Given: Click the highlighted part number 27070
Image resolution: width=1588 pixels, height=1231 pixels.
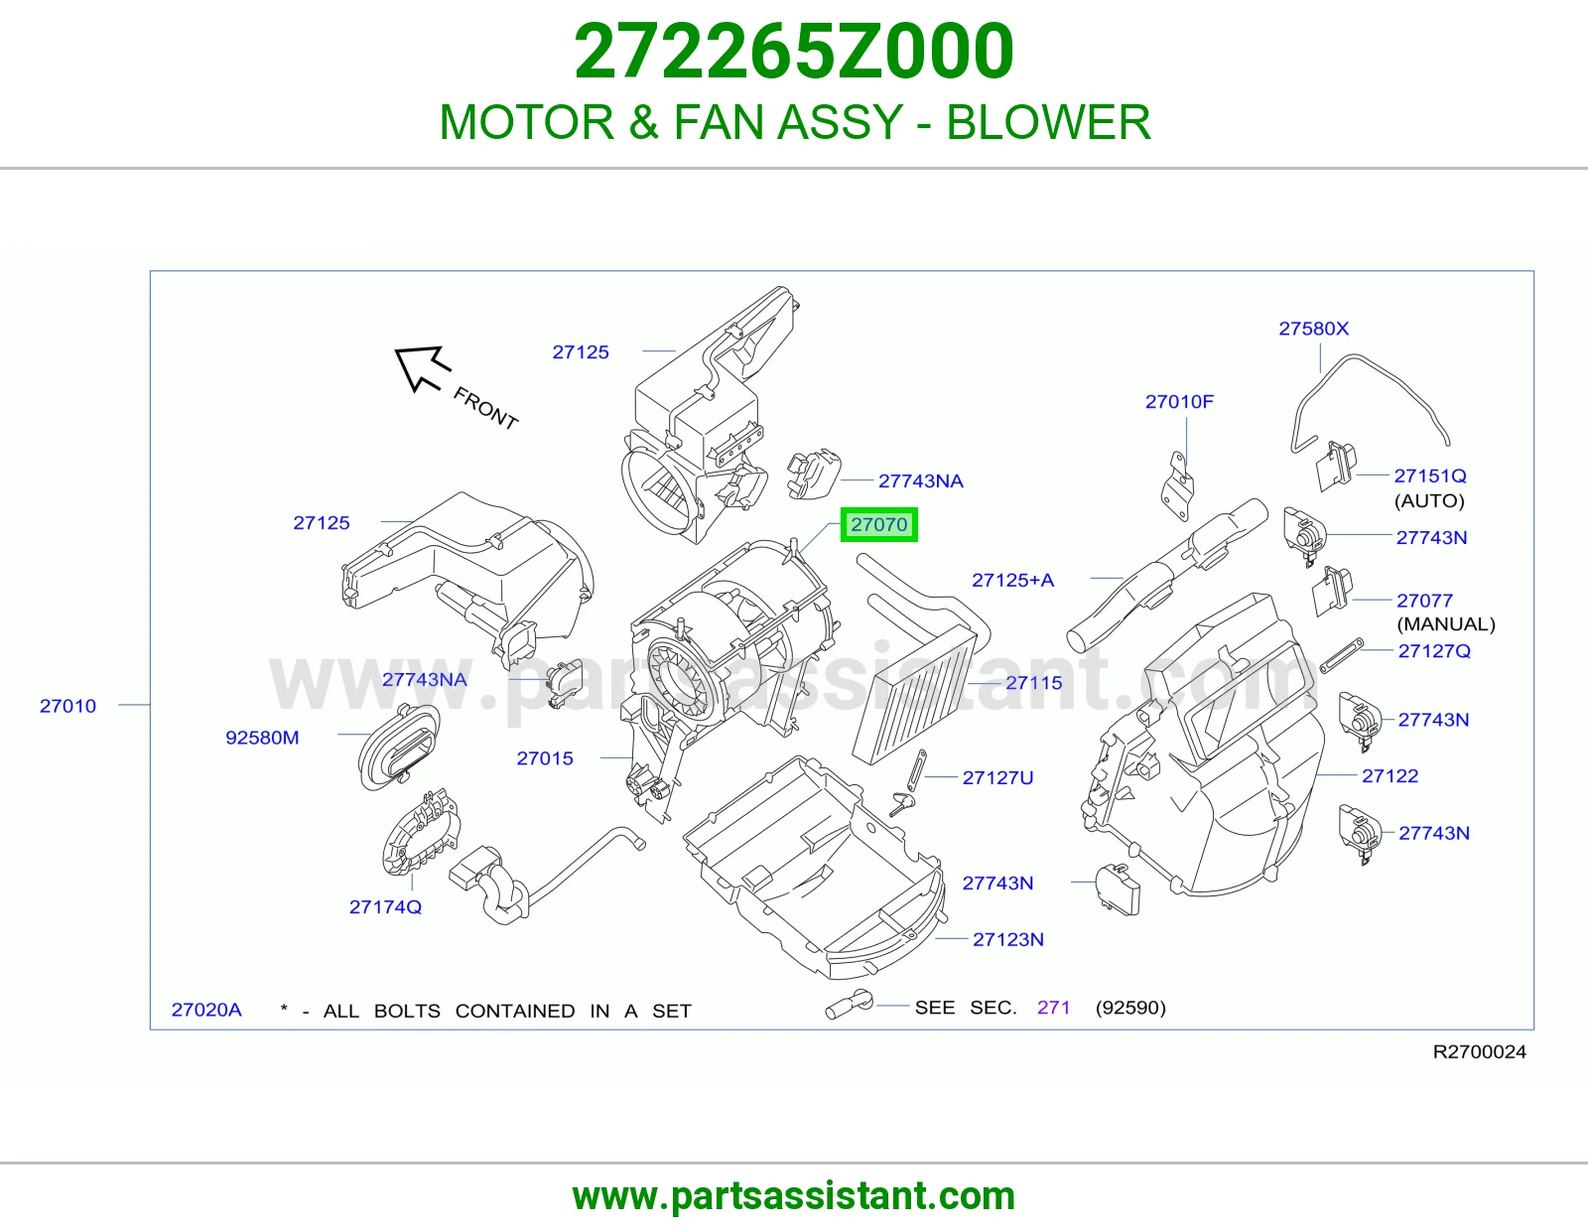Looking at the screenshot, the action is tap(878, 525).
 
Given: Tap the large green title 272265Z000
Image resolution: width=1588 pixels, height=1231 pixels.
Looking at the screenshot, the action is tap(794, 52).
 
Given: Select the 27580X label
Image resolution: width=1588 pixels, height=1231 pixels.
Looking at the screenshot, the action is tap(1313, 329).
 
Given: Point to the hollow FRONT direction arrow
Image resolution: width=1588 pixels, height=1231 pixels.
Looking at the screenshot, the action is tap(422, 367).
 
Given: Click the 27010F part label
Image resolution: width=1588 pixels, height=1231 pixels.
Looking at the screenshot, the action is tap(1179, 402).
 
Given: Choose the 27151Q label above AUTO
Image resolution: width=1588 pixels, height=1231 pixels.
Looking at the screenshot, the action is tap(1429, 476).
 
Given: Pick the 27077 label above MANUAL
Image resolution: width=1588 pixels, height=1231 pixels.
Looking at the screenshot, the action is tap(1424, 601).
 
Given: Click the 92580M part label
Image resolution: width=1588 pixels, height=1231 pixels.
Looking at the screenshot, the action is tap(262, 738).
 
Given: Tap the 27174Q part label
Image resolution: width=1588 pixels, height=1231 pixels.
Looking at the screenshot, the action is tap(385, 907).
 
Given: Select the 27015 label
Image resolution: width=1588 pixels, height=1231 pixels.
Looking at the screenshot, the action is tap(545, 758).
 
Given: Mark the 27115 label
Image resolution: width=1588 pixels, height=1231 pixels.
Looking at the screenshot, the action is tap(1033, 683).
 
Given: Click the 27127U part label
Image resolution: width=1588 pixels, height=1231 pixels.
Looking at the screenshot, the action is tap(997, 777).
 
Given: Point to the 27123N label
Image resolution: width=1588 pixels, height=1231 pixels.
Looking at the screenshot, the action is tap(1007, 939).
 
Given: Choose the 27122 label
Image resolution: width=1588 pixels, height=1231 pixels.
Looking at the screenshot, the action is tap(1389, 775).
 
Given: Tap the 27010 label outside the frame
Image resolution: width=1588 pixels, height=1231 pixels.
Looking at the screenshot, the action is tap(67, 706).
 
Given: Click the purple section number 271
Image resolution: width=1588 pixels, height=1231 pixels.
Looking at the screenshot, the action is tap(1053, 1008).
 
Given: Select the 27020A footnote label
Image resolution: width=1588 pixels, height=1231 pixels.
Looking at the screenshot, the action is tap(206, 1010).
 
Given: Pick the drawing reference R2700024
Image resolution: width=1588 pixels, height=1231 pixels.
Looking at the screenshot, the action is tap(1479, 1052).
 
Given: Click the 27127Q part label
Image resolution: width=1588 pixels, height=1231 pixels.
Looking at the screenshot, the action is tap(1434, 651).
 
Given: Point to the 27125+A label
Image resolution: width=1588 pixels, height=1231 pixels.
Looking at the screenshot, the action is tap(1012, 581).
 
